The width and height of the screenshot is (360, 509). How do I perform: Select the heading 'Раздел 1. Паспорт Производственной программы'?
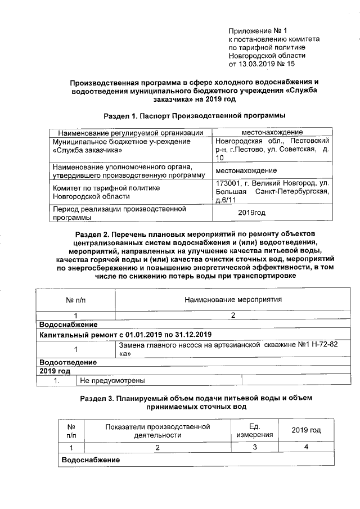[x=195, y=116]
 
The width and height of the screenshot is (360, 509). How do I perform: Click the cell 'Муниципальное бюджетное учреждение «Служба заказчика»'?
[x=121, y=146]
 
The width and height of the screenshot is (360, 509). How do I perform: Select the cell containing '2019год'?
[x=251, y=213]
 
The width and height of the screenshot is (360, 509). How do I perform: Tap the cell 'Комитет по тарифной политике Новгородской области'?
[x=106, y=192]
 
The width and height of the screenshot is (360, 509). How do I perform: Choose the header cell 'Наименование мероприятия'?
[x=233, y=300]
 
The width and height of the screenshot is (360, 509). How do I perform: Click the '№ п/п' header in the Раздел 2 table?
[x=75, y=300]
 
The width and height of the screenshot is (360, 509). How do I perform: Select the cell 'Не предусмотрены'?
[x=113, y=381]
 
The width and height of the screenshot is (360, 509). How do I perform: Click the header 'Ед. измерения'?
[x=254, y=430]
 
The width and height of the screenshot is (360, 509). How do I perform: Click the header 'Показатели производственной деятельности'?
[x=157, y=430]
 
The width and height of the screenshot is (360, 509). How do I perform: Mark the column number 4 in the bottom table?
[x=305, y=447]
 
